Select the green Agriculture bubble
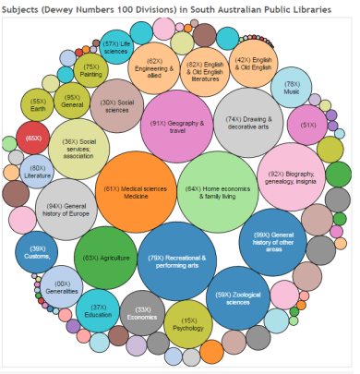pos(104,259)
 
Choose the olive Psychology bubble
pos(187,324)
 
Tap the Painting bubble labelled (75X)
pos(91,70)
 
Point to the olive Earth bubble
pos(39,104)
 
